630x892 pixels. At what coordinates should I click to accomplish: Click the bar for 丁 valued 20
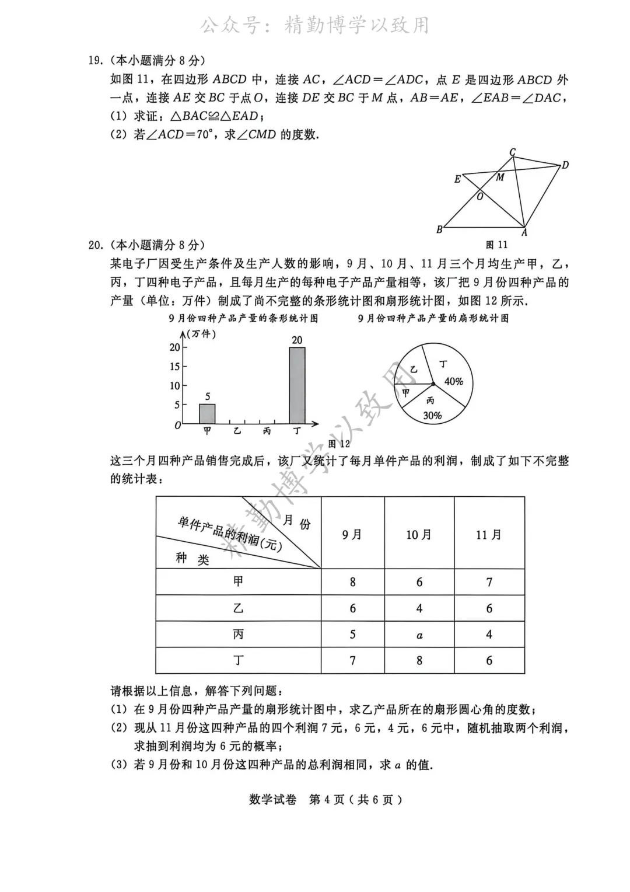(x=297, y=385)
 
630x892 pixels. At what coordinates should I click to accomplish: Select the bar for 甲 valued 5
(x=207, y=413)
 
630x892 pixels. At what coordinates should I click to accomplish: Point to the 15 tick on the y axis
(x=175, y=367)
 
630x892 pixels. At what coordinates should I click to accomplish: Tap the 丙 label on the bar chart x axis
(x=267, y=431)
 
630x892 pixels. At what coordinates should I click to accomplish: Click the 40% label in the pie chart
(x=454, y=381)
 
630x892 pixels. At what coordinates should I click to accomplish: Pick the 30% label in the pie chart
(x=432, y=416)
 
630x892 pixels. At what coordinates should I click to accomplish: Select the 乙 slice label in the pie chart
(x=414, y=370)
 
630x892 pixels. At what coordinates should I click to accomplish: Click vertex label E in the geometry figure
(x=457, y=179)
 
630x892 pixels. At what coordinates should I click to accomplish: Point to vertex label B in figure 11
(x=439, y=230)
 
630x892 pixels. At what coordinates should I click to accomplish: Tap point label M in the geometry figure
(x=500, y=177)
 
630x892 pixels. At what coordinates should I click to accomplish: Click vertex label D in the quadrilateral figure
(x=565, y=166)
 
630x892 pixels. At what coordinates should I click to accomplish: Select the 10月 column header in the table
(x=419, y=535)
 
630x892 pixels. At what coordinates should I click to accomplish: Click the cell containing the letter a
(x=419, y=635)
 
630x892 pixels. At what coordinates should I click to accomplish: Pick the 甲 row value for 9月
(x=352, y=582)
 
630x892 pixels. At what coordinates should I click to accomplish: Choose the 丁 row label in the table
(x=238, y=660)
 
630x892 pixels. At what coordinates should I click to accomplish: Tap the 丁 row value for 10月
(x=419, y=660)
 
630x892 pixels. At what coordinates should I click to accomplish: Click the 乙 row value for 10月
(x=419, y=608)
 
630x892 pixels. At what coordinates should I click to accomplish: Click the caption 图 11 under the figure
(x=496, y=245)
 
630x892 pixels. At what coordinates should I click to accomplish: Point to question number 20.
(x=95, y=245)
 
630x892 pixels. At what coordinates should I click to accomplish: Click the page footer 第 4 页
(x=326, y=800)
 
